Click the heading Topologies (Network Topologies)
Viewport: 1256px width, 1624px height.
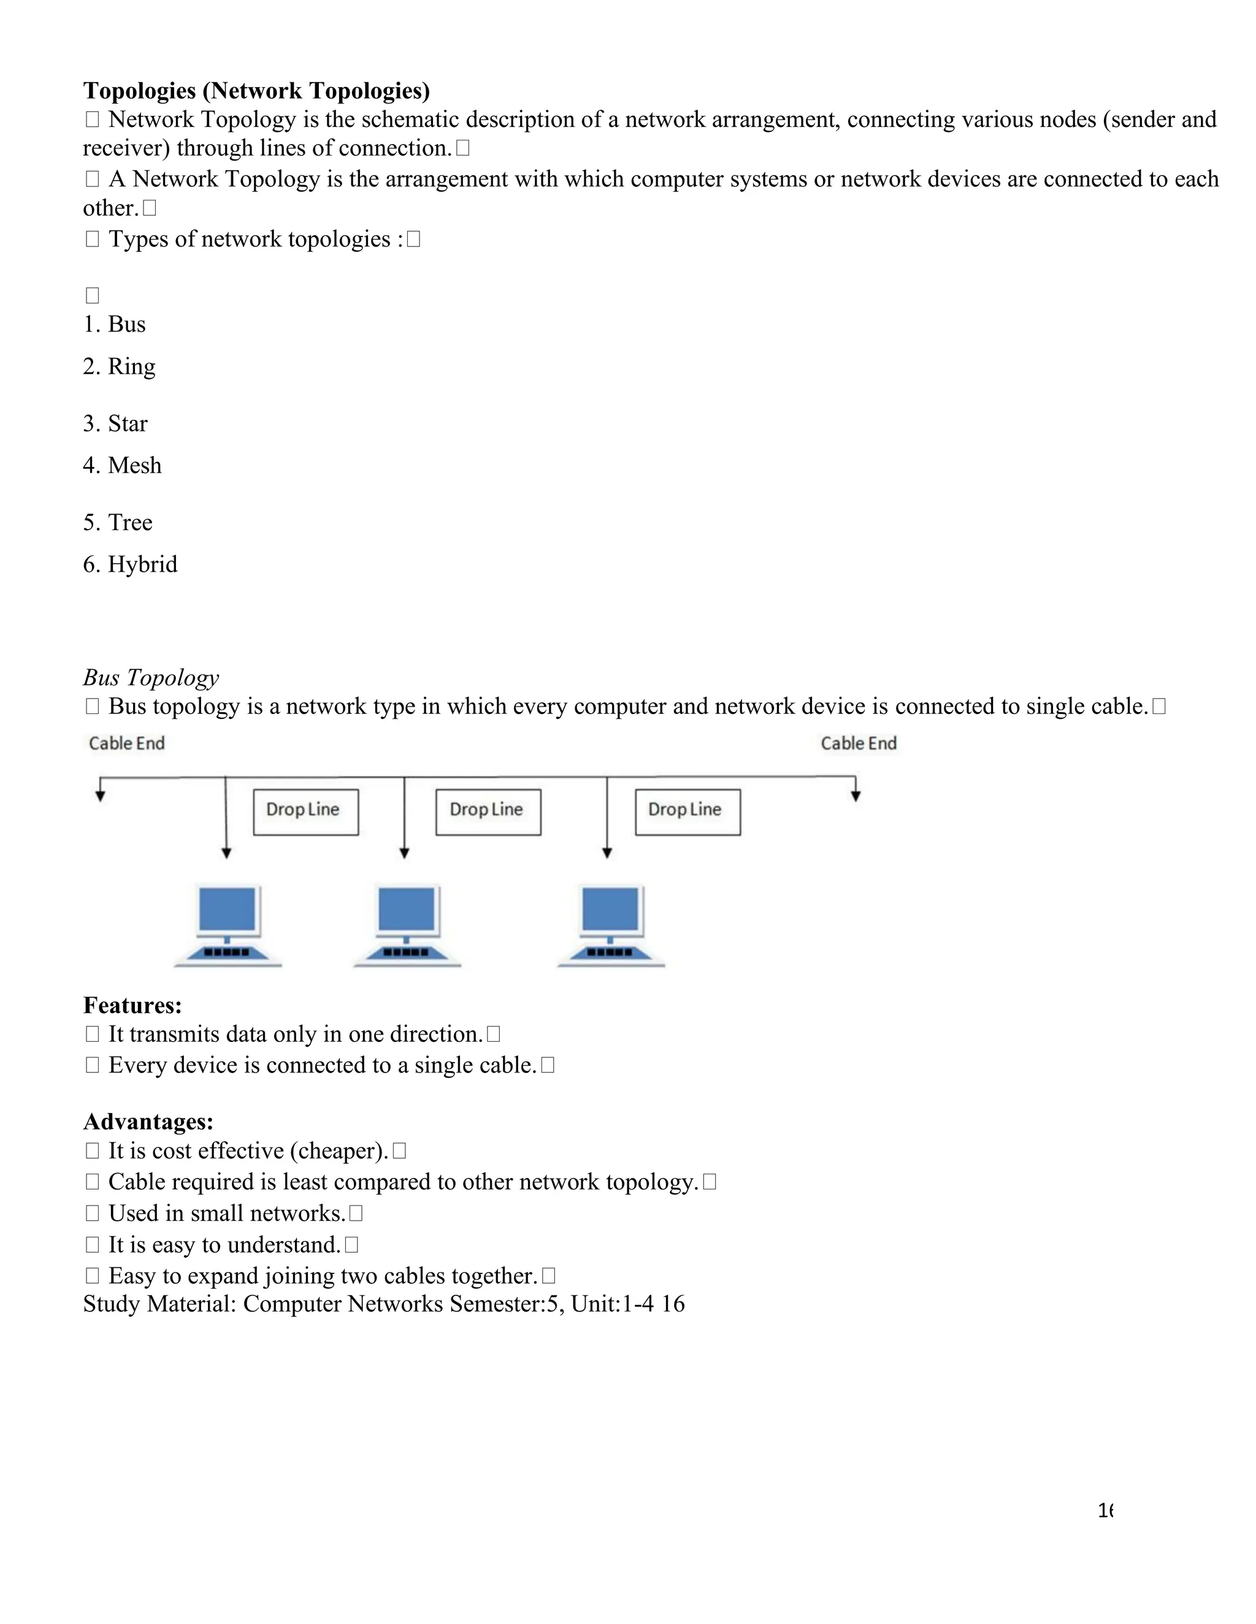coord(256,91)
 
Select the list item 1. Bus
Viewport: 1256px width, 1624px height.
coord(115,324)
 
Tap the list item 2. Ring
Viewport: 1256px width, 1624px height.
coord(119,366)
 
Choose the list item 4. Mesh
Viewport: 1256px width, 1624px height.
coord(122,466)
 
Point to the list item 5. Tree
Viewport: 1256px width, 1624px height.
coord(118,522)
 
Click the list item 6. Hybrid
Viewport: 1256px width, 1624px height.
coord(130,564)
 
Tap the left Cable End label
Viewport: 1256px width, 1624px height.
coord(126,743)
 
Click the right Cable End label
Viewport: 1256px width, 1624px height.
coord(859,743)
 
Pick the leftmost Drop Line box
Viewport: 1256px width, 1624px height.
coord(306,812)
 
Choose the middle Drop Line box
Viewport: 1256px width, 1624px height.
coord(488,812)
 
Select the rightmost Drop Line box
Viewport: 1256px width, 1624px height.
coord(687,812)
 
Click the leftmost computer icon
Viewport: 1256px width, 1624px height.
coord(228,924)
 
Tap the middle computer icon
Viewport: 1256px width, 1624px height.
coord(407,924)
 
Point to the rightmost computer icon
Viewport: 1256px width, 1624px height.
coord(611,924)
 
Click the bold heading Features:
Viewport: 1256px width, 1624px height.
coord(132,1005)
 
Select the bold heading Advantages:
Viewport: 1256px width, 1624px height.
coord(148,1121)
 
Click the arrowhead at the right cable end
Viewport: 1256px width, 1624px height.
coord(856,797)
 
